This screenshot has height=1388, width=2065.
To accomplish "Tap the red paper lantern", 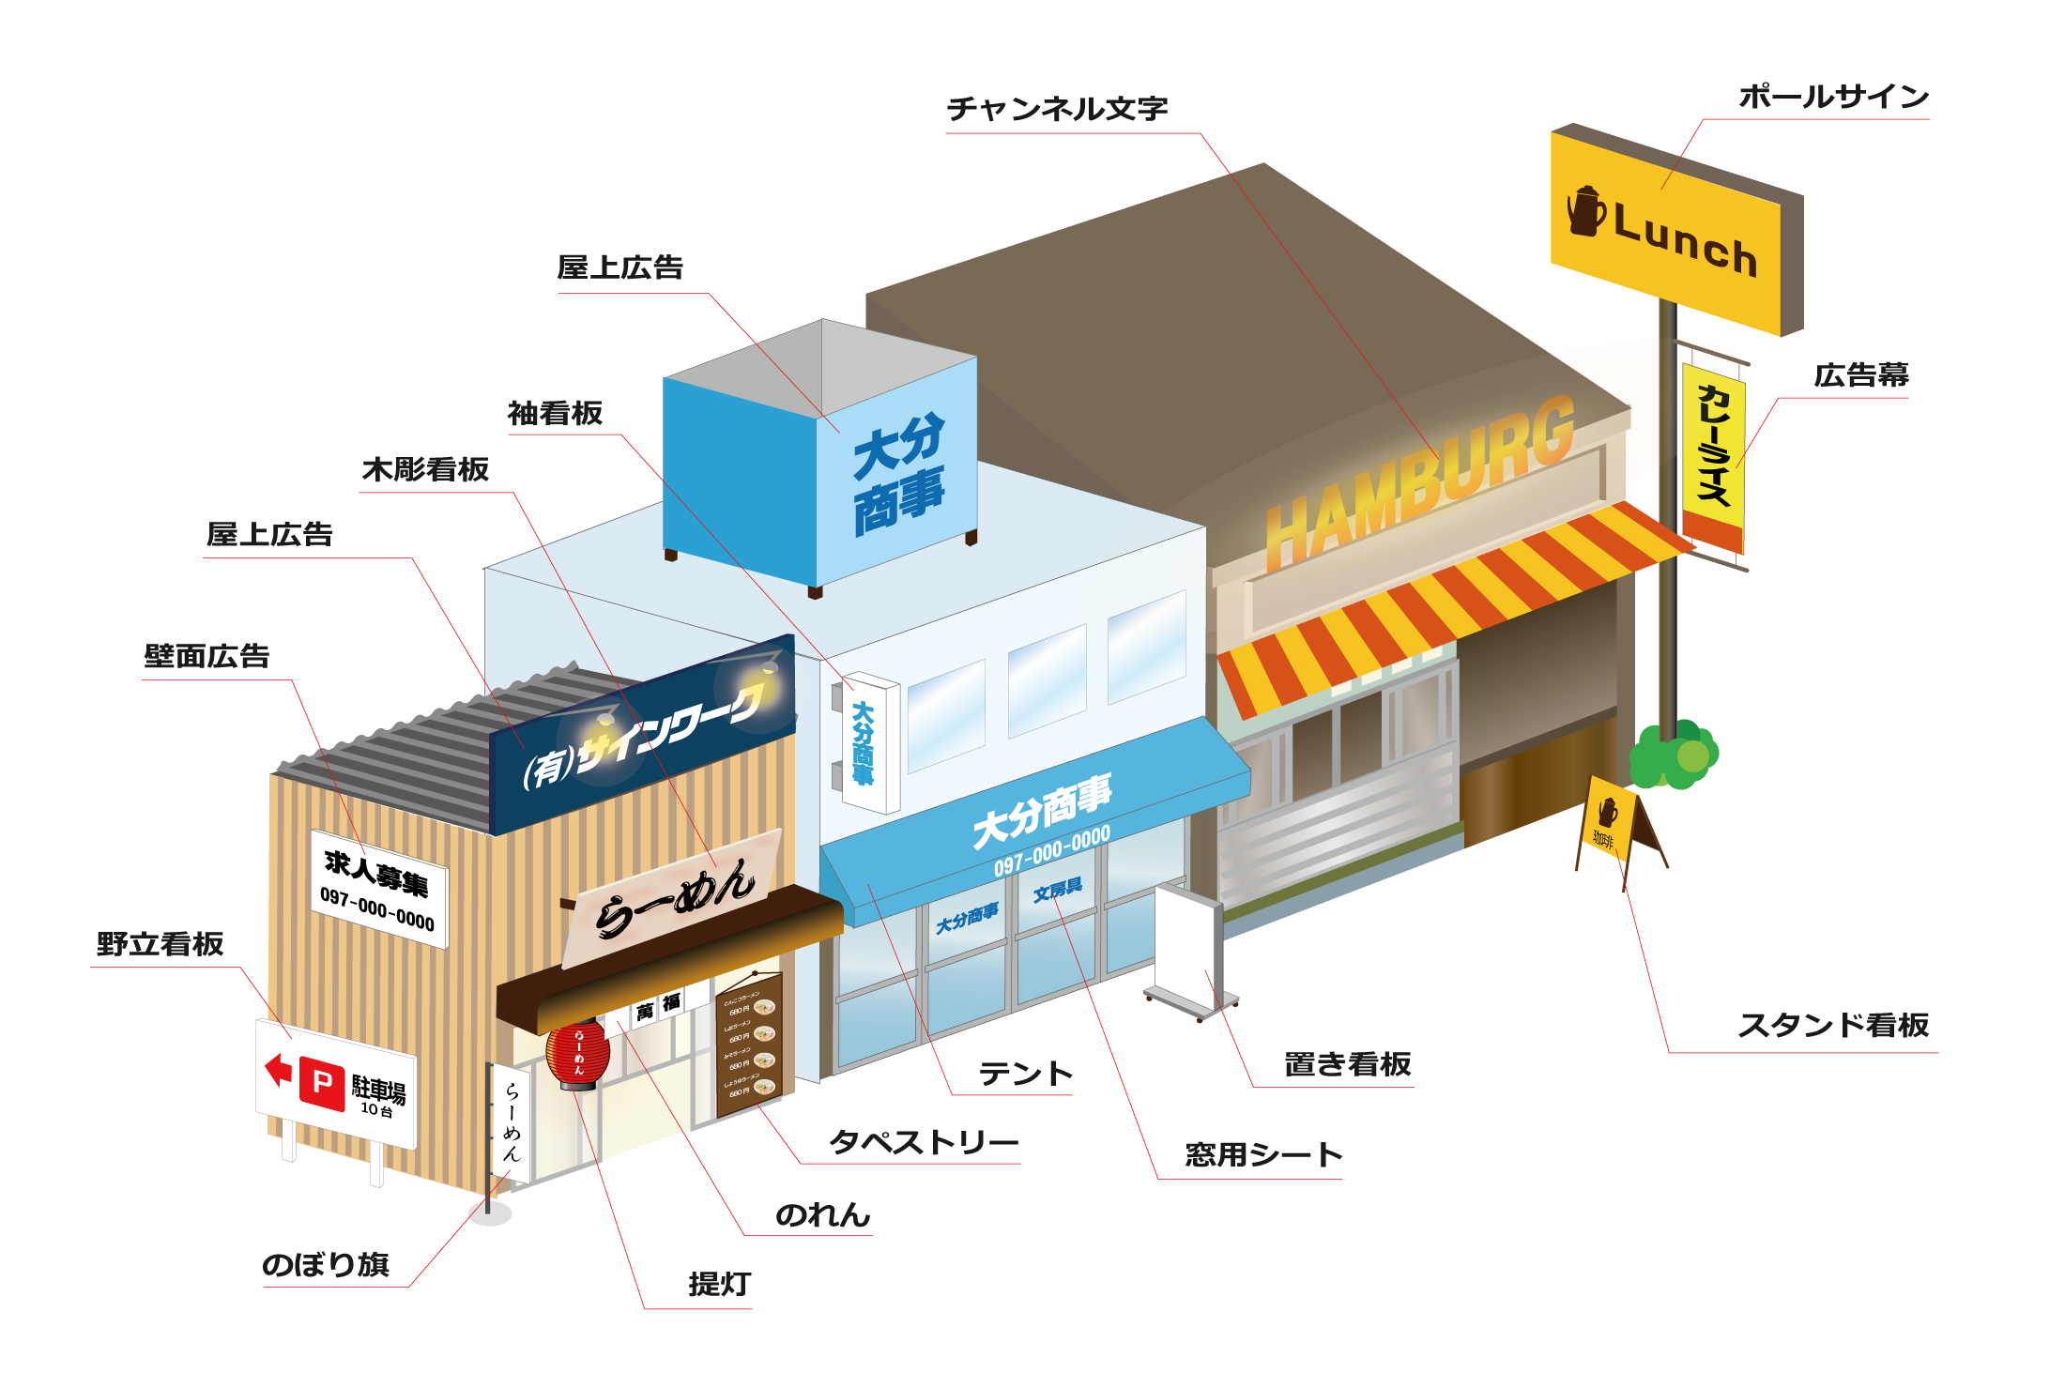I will (577, 1055).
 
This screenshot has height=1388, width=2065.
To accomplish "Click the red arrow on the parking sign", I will (278, 1068).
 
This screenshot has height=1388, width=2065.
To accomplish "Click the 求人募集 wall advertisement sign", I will (378, 887).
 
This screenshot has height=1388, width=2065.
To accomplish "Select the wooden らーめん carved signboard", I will (672, 901).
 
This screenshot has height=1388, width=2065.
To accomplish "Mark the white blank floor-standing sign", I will (1188, 948).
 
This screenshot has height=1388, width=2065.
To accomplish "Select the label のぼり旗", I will (325, 1264).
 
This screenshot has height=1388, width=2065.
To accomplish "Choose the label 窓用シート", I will (1262, 1155).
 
